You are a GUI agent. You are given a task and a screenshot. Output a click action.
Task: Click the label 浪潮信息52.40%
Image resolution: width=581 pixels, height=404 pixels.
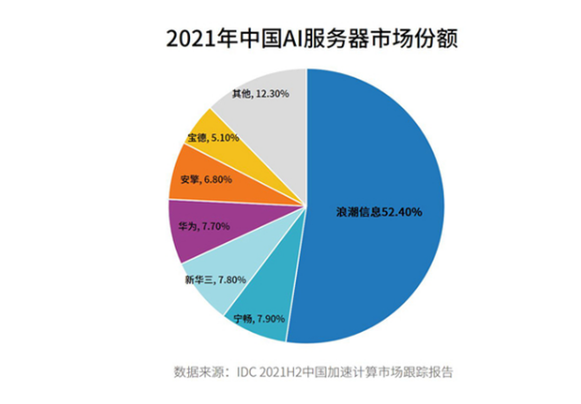pyautogui.click(x=379, y=212)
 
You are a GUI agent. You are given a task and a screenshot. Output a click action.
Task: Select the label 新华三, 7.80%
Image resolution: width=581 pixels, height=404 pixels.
pyautogui.click(x=215, y=280)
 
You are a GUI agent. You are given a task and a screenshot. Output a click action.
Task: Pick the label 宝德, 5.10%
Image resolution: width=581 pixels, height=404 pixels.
pyautogui.click(x=213, y=137)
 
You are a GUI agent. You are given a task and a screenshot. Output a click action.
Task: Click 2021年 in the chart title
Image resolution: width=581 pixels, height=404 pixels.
pyautogui.click(x=193, y=39)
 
